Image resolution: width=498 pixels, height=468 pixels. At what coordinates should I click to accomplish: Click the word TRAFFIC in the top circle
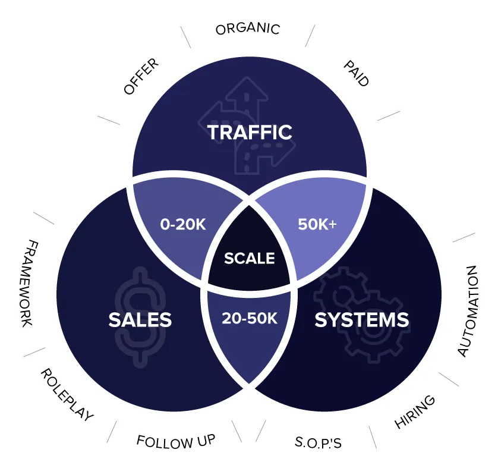point(250,131)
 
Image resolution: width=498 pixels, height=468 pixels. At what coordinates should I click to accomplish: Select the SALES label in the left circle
point(140,319)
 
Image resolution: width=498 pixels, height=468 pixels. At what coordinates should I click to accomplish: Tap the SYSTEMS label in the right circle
point(361,319)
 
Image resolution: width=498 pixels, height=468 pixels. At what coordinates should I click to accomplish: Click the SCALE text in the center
point(249,258)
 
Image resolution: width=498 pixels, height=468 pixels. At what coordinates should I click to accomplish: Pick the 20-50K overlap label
point(250,318)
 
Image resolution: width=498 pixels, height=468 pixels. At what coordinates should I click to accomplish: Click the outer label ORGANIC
point(247,29)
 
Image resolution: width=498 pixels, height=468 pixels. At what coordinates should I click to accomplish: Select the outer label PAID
point(356,73)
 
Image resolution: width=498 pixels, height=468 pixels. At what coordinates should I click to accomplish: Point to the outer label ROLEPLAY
point(67,394)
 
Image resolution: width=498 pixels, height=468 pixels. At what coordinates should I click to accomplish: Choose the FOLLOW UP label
point(175,441)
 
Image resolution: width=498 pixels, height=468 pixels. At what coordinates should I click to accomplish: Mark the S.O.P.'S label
point(318,442)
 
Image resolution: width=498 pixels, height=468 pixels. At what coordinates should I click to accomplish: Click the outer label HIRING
point(415,411)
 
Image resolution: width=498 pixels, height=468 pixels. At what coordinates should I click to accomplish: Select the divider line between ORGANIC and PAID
point(310,36)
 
